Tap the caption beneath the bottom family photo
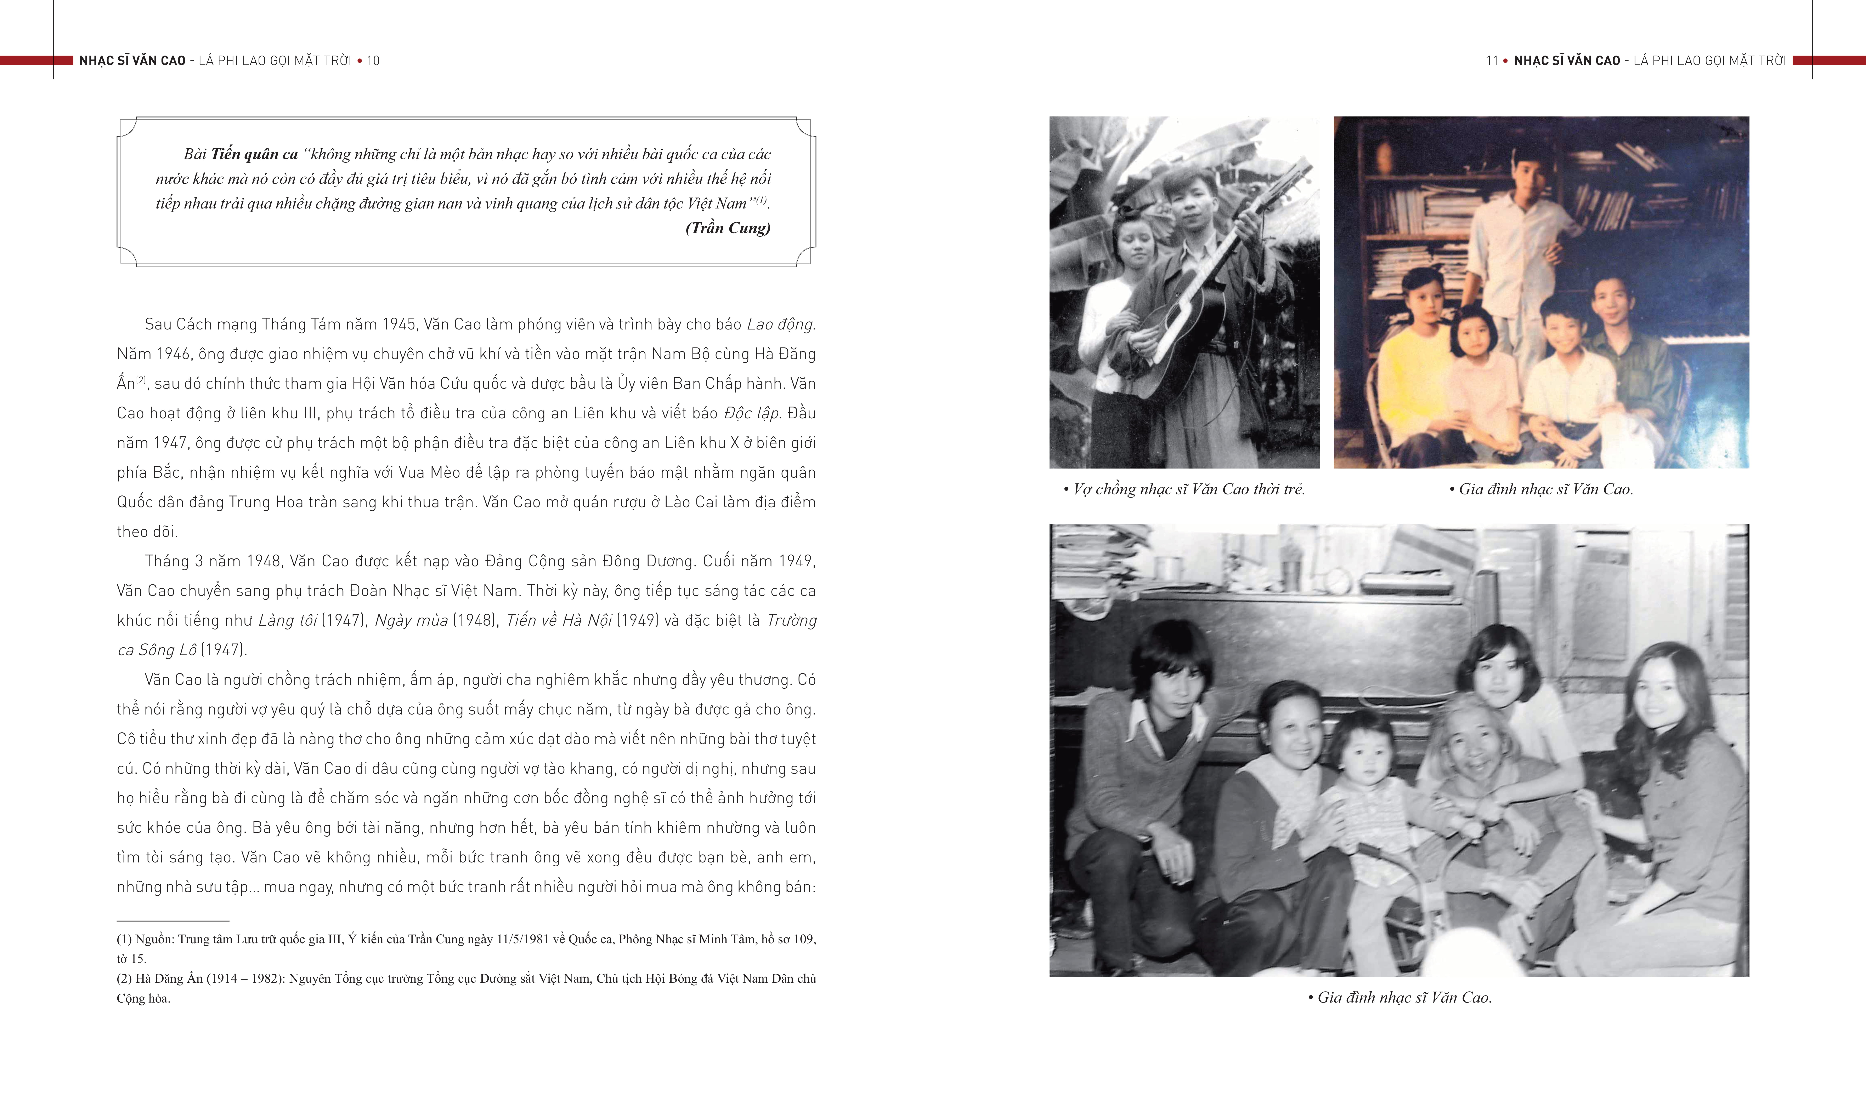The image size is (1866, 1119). pos(1399,998)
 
